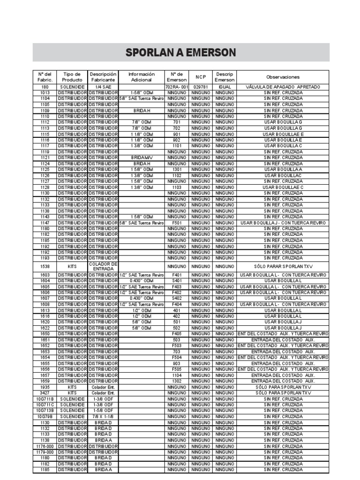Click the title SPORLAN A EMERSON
click(x=180, y=52)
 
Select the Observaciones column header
click(x=283, y=77)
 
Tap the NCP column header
click(x=201, y=77)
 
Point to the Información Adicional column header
click(x=141, y=77)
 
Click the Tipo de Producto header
click(x=72, y=77)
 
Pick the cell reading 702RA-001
click(x=177, y=87)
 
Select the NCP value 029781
click(x=201, y=87)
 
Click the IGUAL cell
click(x=225, y=87)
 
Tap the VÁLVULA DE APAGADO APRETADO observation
click(x=283, y=87)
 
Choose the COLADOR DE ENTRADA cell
click(x=103, y=266)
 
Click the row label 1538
click(x=45, y=266)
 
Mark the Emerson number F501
click(x=177, y=223)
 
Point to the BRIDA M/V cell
click(x=141, y=158)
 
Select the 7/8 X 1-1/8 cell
click(x=103, y=416)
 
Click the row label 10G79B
click(x=45, y=416)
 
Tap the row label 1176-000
click(x=45, y=446)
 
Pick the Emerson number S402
click(x=177, y=298)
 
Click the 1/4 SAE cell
click(x=103, y=87)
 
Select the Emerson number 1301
click(x=177, y=170)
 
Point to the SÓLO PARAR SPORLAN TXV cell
click(x=283, y=266)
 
